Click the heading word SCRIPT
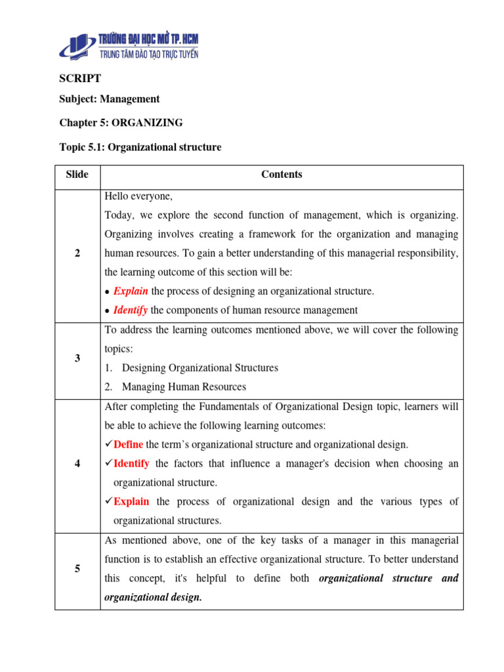point(80,78)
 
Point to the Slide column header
point(77,175)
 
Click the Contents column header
point(282,175)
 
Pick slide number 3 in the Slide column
point(77,359)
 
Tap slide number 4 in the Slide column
point(77,464)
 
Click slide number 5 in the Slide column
point(77,569)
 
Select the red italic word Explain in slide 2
point(131,291)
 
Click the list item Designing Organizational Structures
point(199,368)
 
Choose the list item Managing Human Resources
point(184,387)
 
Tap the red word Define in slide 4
point(128,444)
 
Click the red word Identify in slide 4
point(131,463)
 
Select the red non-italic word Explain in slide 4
point(131,501)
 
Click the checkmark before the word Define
point(108,444)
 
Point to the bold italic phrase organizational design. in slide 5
point(153,598)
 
